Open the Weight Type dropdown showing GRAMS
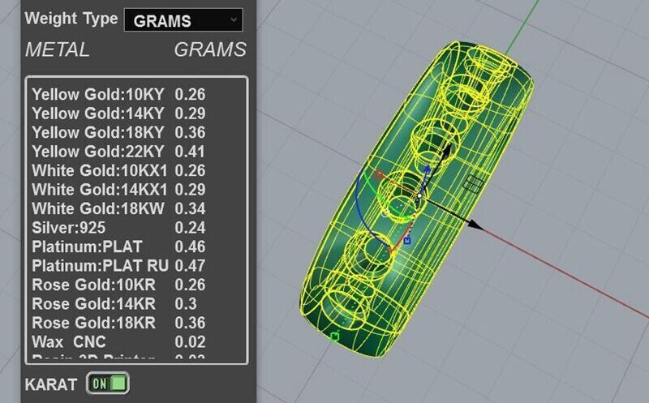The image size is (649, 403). click(183, 20)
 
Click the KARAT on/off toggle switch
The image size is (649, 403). click(109, 383)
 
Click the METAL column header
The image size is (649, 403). click(57, 50)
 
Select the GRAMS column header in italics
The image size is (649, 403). click(210, 50)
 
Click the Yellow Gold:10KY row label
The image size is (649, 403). click(97, 94)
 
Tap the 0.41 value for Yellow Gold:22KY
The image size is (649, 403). click(190, 152)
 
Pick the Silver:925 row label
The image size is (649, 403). click(69, 228)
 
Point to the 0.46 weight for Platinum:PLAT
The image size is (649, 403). click(190, 247)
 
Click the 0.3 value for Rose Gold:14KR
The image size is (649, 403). click(184, 304)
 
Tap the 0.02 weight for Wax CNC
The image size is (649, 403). click(190, 342)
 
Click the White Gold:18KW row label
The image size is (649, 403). click(98, 209)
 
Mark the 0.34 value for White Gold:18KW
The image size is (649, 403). click(190, 209)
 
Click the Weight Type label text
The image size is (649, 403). click(71, 19)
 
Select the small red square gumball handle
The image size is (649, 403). click(378, 174)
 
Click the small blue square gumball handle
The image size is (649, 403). click(407, 241)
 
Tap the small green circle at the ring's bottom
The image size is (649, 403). click(334, 336)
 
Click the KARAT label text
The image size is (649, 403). click(51, 384)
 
